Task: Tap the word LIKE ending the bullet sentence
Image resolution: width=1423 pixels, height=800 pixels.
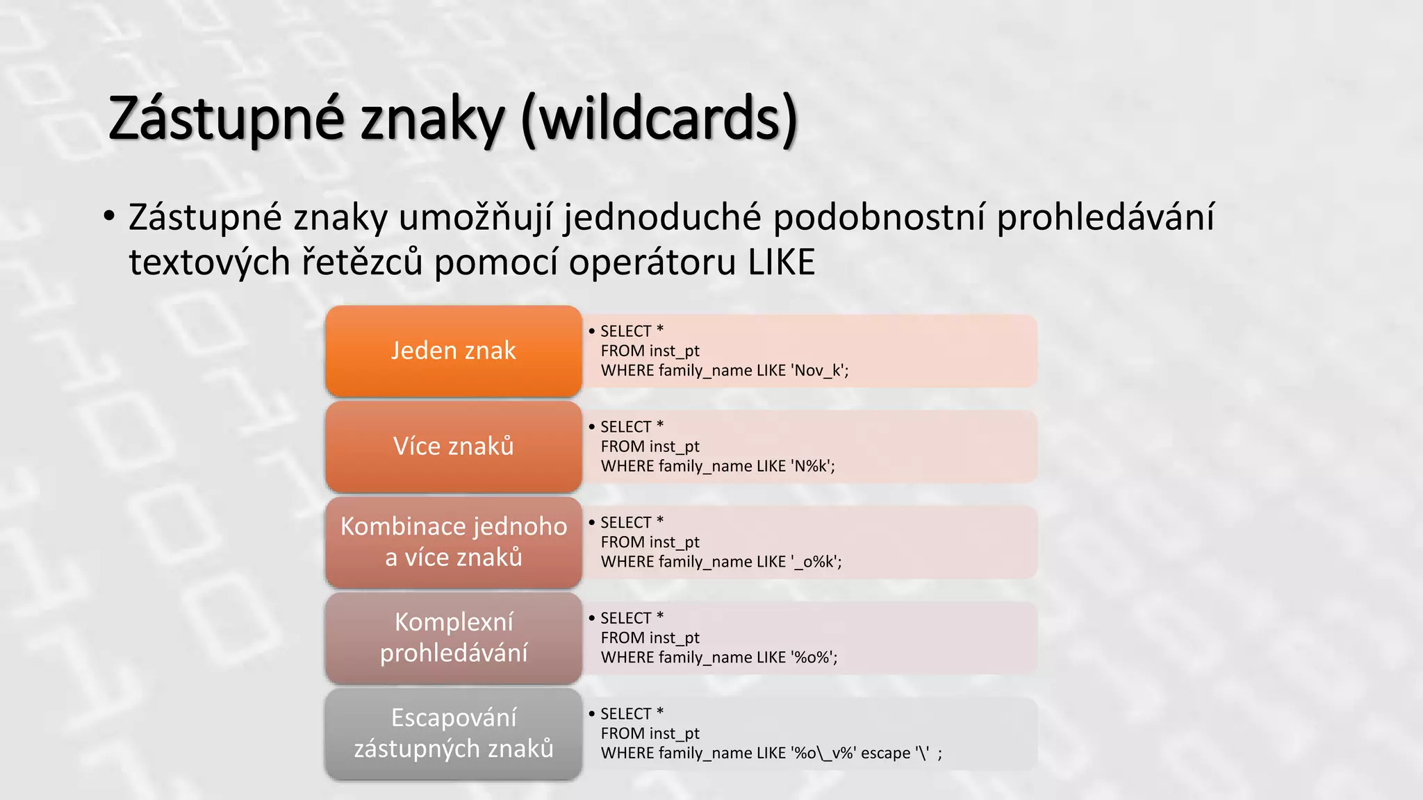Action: [781, 262]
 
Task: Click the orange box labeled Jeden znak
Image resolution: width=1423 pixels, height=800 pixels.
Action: [453, 351]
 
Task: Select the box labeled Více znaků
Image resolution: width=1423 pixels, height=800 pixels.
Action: [453, 447]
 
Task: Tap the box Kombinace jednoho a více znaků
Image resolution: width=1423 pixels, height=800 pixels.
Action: [453, 542]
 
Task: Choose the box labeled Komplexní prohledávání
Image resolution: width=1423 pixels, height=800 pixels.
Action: [453, 637]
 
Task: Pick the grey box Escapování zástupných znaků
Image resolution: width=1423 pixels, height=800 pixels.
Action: [453, 733]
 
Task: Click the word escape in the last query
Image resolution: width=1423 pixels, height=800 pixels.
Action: [885, 753]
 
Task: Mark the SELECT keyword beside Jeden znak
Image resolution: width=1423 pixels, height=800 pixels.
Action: [625, 331]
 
